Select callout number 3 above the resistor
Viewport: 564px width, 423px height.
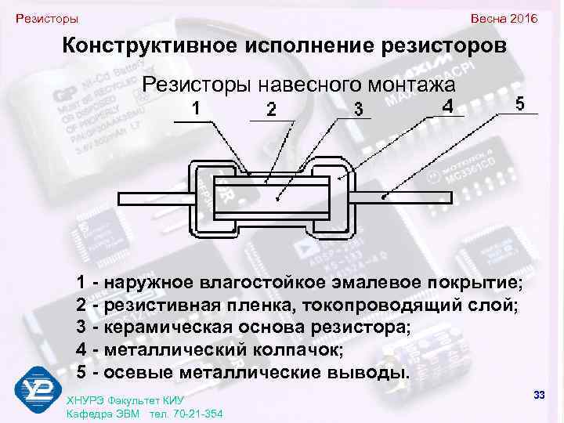pyautogui.click(x=358, y=110)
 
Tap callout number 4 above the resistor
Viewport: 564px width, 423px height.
pyautogui.click(x=446, y=105)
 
